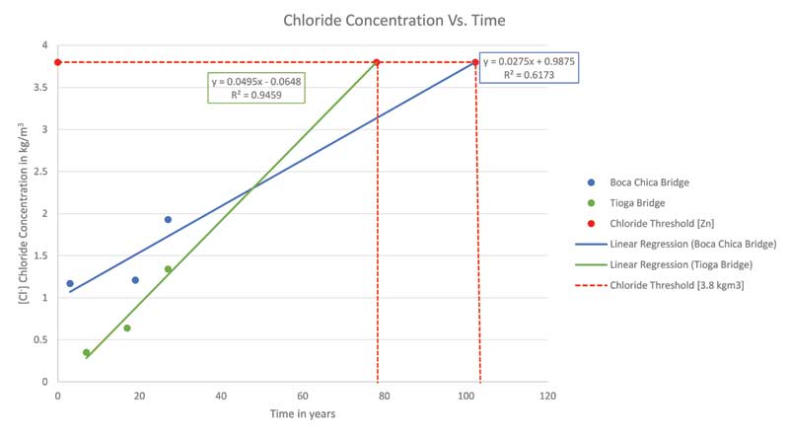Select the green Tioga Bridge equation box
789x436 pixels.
point(255,88)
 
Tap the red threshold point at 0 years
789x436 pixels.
point(58,62)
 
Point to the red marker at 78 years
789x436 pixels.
point(377,62)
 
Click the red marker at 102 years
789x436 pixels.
point(475,62)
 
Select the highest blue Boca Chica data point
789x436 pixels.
point(168,219)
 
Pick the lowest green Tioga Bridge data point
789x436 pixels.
point(87,352)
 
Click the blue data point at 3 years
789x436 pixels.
point(70,283)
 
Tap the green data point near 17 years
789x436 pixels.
point(127,327)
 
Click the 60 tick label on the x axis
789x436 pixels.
point(303,396)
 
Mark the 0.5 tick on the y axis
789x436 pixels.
point(39,339)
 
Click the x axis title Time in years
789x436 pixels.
point(302,414)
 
